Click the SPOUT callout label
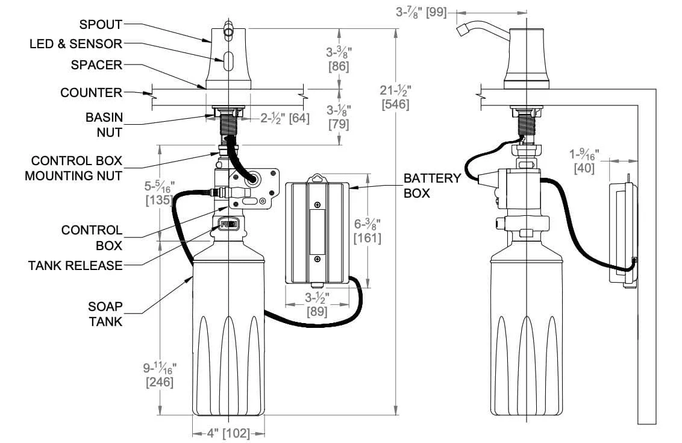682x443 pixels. point(101,25)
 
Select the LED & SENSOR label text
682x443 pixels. point(76,44)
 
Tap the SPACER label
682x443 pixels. point(96,64)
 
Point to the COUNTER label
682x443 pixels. point(91,93)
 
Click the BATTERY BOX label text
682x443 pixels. point(431,186)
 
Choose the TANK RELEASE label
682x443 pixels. point(75,265)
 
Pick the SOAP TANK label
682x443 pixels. point(106,314)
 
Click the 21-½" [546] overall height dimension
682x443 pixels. point(396,97)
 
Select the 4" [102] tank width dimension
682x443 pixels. point(228,433)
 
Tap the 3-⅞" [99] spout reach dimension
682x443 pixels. point(421,11)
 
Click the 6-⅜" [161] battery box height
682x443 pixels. point(368,231)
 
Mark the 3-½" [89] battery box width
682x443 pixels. point(317,305)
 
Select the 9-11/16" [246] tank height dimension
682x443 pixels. point(160,375)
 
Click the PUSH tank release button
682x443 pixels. point(228,225)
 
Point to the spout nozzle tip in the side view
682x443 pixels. point(462,30)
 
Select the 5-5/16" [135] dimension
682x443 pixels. point(159,192)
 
